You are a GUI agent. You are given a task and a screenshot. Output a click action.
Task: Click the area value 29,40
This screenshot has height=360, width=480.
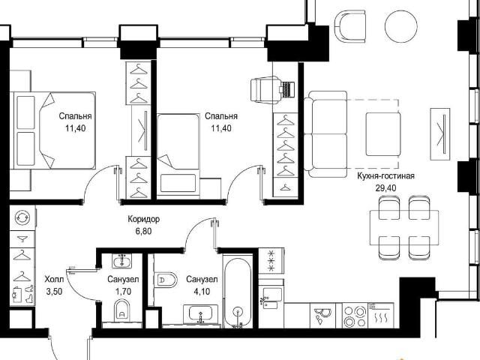[x=385, y=187]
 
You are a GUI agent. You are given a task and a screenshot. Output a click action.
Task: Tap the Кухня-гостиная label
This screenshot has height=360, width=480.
[x=385, y=176]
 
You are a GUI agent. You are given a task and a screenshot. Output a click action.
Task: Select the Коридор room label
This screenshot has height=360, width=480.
[x=143, y=219]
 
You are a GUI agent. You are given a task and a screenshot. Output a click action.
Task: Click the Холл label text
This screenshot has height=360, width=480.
[x=54, y=279]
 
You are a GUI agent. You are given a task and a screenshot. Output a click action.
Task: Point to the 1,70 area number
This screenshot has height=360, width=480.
[x=123, y=291]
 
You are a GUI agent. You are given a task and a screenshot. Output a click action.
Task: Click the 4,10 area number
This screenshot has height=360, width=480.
[x=202, y=291]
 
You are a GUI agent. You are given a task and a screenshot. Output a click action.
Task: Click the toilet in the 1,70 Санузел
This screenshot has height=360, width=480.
[x=121, y=310]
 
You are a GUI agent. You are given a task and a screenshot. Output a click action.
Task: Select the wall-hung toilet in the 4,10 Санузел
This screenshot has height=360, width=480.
[x=166, y=280]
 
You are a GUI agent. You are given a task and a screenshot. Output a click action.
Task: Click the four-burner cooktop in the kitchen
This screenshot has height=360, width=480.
[x=354, y=316]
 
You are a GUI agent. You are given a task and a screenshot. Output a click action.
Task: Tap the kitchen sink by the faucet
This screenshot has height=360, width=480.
[x=271, y=298]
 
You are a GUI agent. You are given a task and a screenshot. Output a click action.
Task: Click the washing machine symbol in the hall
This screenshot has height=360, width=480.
[x=22, y=217]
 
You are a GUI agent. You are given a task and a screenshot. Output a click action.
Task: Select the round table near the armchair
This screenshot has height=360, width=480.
[x=400, y=26]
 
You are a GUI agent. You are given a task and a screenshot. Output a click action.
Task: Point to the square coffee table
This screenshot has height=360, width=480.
[x=383, y=134]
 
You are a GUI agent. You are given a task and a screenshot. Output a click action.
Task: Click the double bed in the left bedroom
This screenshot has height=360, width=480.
[x=52, y=130]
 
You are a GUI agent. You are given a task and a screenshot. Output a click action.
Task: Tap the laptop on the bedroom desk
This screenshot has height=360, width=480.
[x=286, y=89]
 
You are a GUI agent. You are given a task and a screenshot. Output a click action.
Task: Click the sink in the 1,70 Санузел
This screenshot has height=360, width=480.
[x=121, y=262]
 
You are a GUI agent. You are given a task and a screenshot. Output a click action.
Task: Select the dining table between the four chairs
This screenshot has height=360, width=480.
[x=404, y=228]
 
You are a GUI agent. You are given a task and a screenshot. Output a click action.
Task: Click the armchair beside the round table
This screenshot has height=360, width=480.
[x=350, y=26]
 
